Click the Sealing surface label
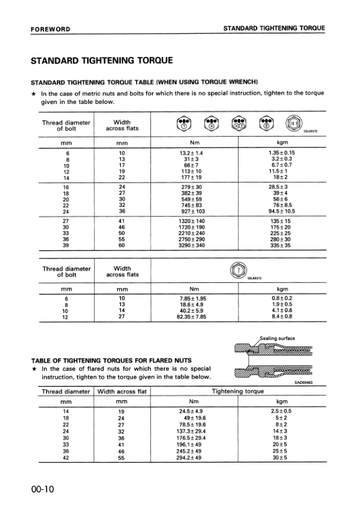click(x=277, y=339)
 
